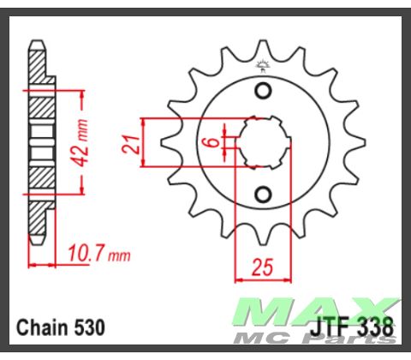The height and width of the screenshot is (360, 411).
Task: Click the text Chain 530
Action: [60, 327]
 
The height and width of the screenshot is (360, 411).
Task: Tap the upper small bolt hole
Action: [264, 92]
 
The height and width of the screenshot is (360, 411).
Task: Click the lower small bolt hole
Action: [264, 192]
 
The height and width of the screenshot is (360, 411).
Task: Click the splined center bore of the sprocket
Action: [264, 142]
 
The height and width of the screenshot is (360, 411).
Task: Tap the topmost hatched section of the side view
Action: [39, 60]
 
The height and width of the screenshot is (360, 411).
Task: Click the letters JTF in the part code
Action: [332, 327]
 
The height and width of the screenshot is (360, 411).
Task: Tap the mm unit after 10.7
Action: [121, 255]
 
